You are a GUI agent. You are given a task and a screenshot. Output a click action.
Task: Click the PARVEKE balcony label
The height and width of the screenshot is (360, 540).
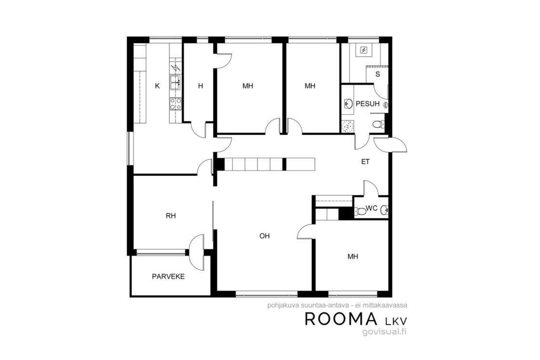pyautogui.click(x=168, y=276)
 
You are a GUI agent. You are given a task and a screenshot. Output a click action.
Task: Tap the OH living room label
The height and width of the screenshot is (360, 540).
pyautogui.click(x=265, y=236)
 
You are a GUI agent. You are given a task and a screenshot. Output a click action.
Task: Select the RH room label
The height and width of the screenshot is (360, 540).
pyautogui.click(x=171, y=216)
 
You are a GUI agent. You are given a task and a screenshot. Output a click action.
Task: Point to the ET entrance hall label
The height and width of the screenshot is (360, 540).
pyautogui.click(x=365, y=161)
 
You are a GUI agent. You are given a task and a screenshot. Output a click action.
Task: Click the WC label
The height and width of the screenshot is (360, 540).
pyautogui.click(x=372, y=208)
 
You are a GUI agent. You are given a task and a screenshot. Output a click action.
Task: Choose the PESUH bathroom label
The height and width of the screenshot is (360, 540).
pyautogui.click(x=367, y=104)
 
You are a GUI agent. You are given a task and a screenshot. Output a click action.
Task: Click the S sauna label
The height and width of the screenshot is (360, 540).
pyautogui.click(x=378, y=74)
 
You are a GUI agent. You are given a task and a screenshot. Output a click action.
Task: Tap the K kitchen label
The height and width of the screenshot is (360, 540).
pyautogui.click(x=157, y=86)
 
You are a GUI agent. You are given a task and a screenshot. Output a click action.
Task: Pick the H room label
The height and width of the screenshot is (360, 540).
pyautogui.click(x=201, y=86)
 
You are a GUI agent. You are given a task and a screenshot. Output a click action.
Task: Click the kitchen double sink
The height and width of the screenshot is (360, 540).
pyautogui.click(x=175, y=82)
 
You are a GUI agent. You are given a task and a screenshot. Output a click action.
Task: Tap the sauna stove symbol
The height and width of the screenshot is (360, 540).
pyautogui.click(x=364, y=51)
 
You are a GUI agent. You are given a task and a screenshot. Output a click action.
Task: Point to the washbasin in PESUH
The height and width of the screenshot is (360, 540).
pyautogui.click(x=348, y=103)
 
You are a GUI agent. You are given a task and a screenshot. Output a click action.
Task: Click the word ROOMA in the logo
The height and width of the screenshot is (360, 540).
pyautogui.click(x=341, y=320)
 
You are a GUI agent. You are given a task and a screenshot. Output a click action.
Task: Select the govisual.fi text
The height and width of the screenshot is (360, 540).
pyautogui.click(x=385, y=332)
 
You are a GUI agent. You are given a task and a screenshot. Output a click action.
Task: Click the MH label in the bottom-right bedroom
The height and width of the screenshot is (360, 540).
pyautogui.click(x=352, y=257)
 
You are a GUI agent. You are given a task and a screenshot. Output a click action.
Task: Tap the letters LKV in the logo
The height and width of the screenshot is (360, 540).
pyautogui.click(x=396, y=321)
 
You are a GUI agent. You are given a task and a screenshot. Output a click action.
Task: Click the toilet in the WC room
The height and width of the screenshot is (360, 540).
pyautogui.click(x=360, y=211)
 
